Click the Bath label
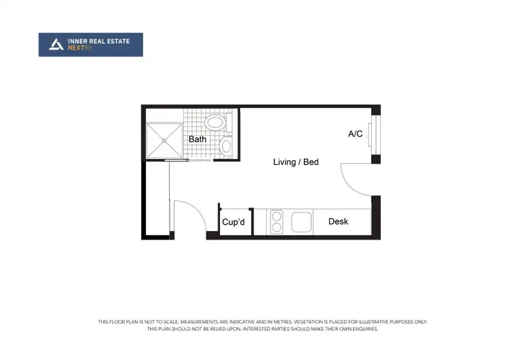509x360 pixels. pyautogui.click(x=197, y=139)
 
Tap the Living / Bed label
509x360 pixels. pyautogui.click(x=296, y=162)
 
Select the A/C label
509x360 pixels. pyautogui.click(x=356, y=134)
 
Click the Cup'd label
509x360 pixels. pyautogui.click(x=233, y=222)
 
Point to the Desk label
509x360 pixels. pyautogui.click(x=338, y=221)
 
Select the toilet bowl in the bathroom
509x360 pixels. pyautogui.click(x=227, y=145)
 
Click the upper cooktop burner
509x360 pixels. pyautogui.click(x=277, y=217)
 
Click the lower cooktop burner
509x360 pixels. pyautogui.click(x=277, y=227)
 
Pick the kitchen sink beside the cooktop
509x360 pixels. pyautogui.click(x=301, y=222)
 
